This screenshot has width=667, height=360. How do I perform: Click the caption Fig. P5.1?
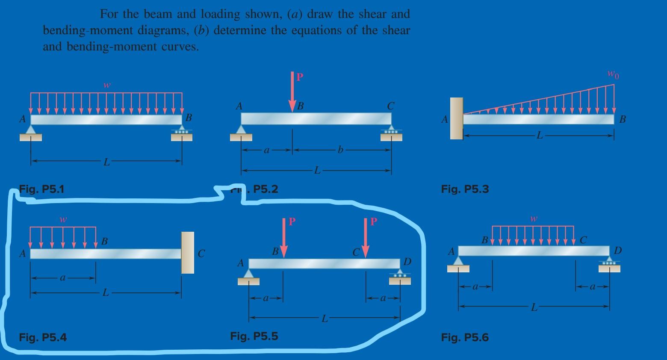point(42,189)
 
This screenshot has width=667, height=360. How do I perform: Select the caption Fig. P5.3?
point(465,189)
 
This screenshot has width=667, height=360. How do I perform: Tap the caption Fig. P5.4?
point(43,337)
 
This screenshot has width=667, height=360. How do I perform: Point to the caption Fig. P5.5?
point(254,336)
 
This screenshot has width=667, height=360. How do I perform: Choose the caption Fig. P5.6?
point(465,337)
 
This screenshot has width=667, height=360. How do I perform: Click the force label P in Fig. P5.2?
point(300,77)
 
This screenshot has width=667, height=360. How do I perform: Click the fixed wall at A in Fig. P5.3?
point(456,118)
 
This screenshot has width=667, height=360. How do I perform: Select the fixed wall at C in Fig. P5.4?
point(187,252)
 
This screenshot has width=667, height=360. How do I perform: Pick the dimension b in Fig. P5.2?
point(340,150)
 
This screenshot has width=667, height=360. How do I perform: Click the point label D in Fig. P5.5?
point(407,261)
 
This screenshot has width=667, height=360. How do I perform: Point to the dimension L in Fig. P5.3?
point(540,136)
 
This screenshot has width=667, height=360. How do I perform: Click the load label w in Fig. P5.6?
point(534,218)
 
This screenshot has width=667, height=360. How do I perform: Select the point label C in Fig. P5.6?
point(584,240)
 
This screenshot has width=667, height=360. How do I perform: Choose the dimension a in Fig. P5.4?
point(62,277)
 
